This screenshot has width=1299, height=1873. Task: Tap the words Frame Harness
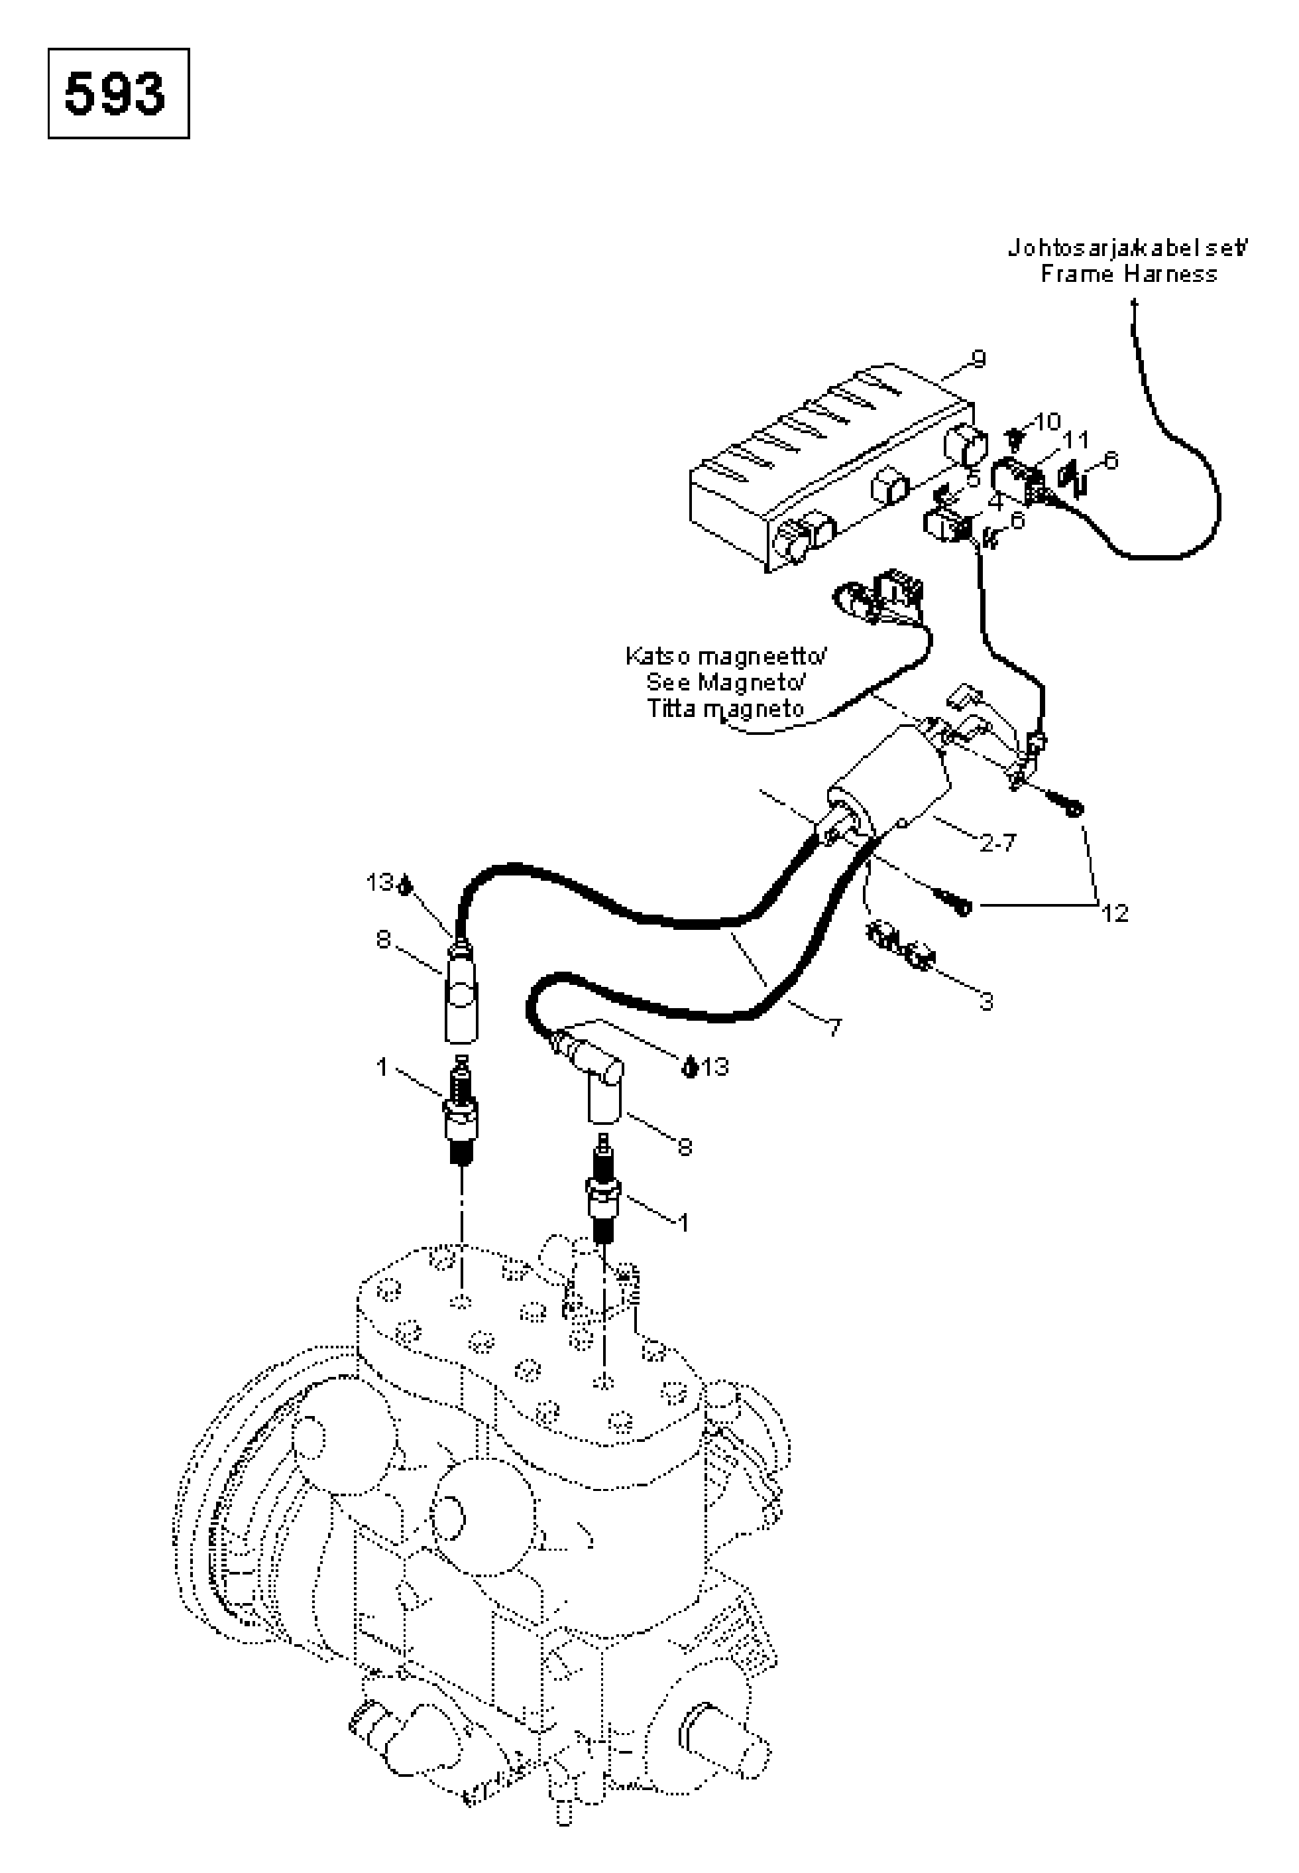pos(1129,274)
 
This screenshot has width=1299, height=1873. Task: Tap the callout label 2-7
pos(998,843)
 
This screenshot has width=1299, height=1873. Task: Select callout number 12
pos(1115,914)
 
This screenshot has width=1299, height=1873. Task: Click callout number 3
pos(986,1001)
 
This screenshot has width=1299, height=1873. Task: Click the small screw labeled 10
pos(1016,440)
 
